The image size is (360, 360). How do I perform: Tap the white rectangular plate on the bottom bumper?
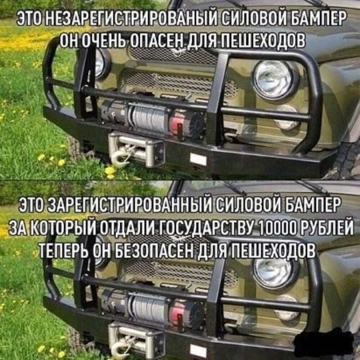tap(199, 351)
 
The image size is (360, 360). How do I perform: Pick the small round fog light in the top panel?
tap(287, 118)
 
